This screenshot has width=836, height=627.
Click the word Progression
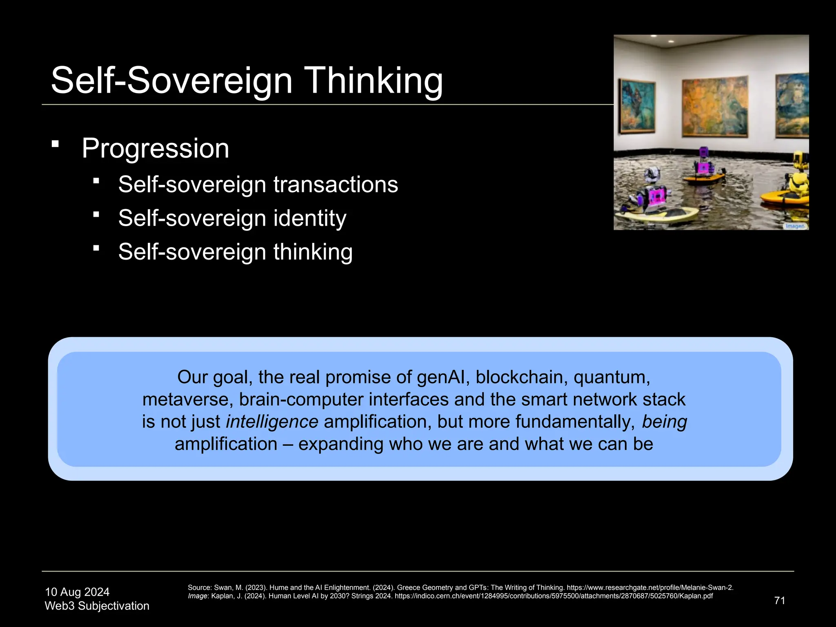coord(155,148)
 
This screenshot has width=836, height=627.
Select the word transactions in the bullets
coord(336,185)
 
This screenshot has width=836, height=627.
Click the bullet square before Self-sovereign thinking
coord(96,248)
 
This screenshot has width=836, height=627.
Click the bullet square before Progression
coord(56,144)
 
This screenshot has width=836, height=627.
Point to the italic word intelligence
coord(272,422)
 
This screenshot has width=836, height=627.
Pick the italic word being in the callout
coord(664,422)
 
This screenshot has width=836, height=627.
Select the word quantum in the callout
coord(611,377)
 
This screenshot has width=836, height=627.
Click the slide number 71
coord(779,600)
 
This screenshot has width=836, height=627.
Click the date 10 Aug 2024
coord(77,592)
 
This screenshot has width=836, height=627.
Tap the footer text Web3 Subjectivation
coord(97,606)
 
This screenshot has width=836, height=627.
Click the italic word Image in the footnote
coord(198,596)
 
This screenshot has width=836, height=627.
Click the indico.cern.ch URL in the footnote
coord(553,596)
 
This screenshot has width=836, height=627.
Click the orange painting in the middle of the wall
coord(715,107)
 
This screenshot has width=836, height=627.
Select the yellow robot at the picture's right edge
coord(798,180)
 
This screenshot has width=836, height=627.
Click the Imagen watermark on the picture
coord(795,226)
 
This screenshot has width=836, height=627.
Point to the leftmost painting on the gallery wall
coord(637,106)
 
